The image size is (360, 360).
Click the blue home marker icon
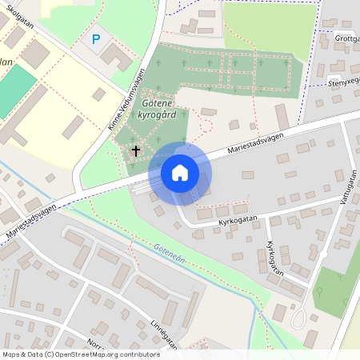180,172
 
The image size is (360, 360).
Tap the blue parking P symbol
97,39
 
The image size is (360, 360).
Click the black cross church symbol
136,150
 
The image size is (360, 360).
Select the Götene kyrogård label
158,110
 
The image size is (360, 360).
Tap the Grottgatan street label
347,38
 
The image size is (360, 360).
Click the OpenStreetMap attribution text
81,354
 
